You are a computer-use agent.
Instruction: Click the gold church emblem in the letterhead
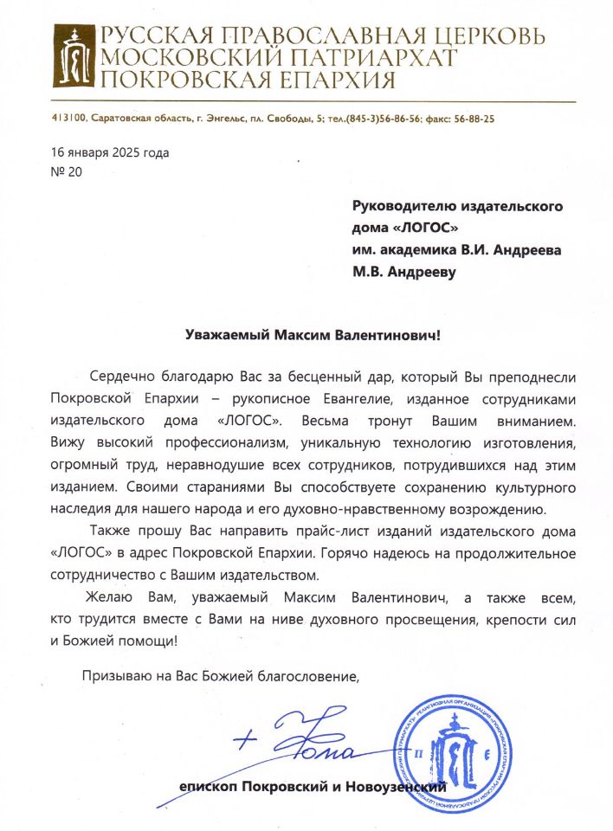tap(74, 55)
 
